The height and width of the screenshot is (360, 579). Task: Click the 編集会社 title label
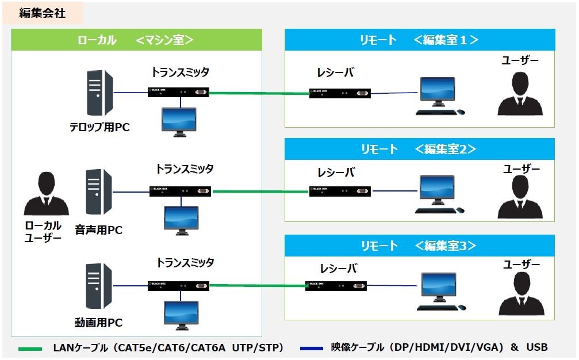43,14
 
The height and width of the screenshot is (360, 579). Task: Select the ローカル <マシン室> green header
136,40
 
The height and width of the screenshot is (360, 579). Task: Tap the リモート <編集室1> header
420,40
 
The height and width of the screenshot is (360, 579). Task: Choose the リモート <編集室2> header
420,149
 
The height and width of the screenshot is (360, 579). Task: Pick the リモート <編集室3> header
420,246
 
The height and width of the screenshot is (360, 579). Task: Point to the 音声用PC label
99,230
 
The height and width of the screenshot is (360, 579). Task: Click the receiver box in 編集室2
340,190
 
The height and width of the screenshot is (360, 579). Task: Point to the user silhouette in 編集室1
520,92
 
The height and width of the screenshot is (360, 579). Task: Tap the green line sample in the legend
30,348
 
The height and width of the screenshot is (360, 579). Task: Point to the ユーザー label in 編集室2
521,169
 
